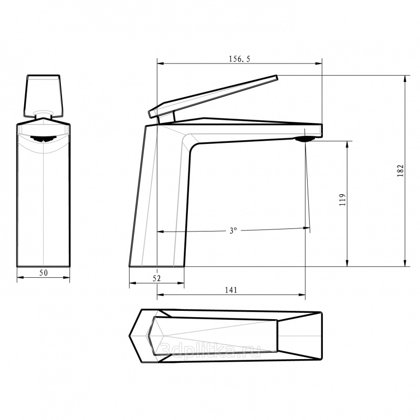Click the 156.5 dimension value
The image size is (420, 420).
pos(239,59)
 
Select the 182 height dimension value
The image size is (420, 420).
pos(400,170)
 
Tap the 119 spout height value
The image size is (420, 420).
pos(343,199)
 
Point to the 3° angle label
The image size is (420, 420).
pos(233,230)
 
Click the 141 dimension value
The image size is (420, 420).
pos(231,290)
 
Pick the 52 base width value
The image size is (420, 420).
pos(156,278)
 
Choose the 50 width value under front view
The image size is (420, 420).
pos(44,272)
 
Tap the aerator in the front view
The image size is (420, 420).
pos(43,139)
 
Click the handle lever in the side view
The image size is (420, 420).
pos(213,96)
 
